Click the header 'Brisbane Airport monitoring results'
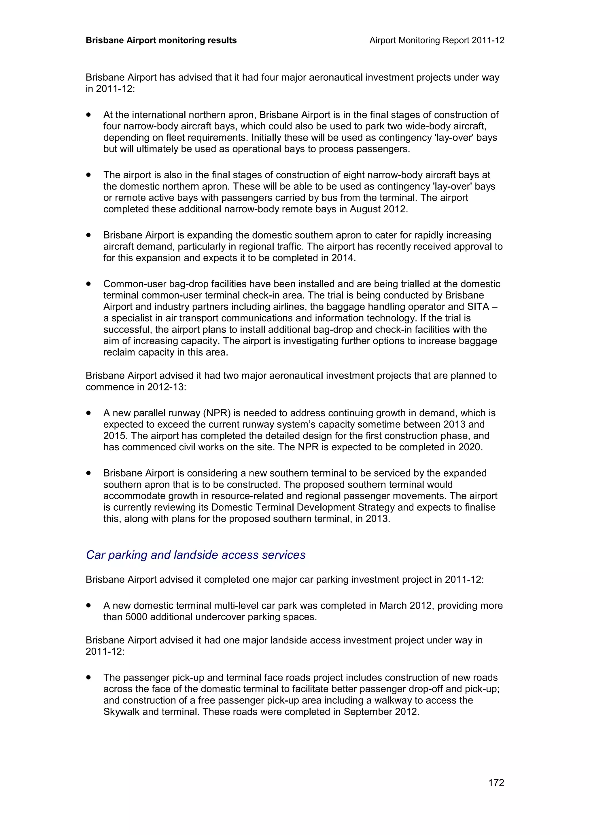pos(161,40)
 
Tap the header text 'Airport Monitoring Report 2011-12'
pos(436,40)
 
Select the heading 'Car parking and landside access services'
pos(196,555)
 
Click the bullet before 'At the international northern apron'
pos(88,115)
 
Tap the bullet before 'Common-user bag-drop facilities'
pos(88,284)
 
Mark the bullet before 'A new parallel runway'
pos(88,413)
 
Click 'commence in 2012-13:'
pos(136,387)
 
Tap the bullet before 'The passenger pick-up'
pos(88,677)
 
